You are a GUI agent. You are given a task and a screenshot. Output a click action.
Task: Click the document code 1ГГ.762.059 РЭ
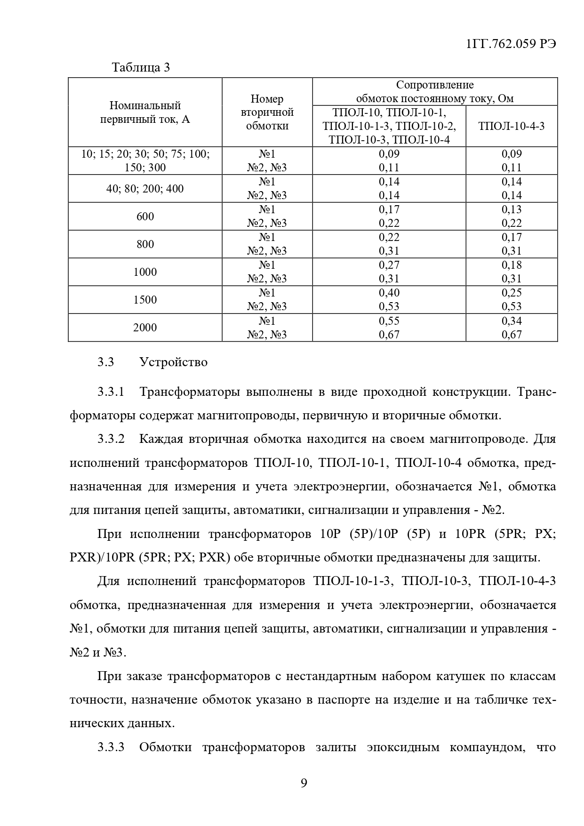[x=511, y=43]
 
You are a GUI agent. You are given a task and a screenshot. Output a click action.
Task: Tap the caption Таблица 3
[x=141, y=67]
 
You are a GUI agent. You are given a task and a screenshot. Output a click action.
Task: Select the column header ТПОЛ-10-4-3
[x=511, y=126]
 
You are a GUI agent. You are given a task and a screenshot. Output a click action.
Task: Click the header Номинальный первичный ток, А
[x=145, y=112]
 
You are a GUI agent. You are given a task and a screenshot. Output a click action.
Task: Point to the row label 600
[x=145, y=217]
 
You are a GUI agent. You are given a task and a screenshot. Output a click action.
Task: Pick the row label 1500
[x=145, y=300]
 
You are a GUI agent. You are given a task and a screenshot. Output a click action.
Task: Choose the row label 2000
[x=145, y=328]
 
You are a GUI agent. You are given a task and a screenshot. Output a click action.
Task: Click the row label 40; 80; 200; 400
[x=145, y=189]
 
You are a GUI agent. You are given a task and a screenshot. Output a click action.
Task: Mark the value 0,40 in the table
[x=389, y=293]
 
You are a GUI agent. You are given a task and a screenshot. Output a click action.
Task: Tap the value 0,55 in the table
[x=389, y=321]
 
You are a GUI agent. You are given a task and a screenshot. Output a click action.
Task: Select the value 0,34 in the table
[x=512, y=321]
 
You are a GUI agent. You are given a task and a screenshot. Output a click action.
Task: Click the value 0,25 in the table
[x=512, y=293]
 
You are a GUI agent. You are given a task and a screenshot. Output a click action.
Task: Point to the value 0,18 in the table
[x=512, y=265]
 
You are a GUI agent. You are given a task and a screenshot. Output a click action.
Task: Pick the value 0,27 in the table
[x=389, y=265]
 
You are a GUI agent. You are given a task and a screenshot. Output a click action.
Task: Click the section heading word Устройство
[x=173, y=362]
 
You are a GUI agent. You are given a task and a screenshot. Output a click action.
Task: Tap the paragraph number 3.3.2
[x=111, y=439]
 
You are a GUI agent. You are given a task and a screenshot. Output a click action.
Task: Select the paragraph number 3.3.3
[x=111, y=747]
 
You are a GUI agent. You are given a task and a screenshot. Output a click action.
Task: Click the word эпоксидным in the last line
[x=403, y=747]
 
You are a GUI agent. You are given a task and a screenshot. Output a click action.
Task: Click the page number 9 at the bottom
[x=304, y=783]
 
